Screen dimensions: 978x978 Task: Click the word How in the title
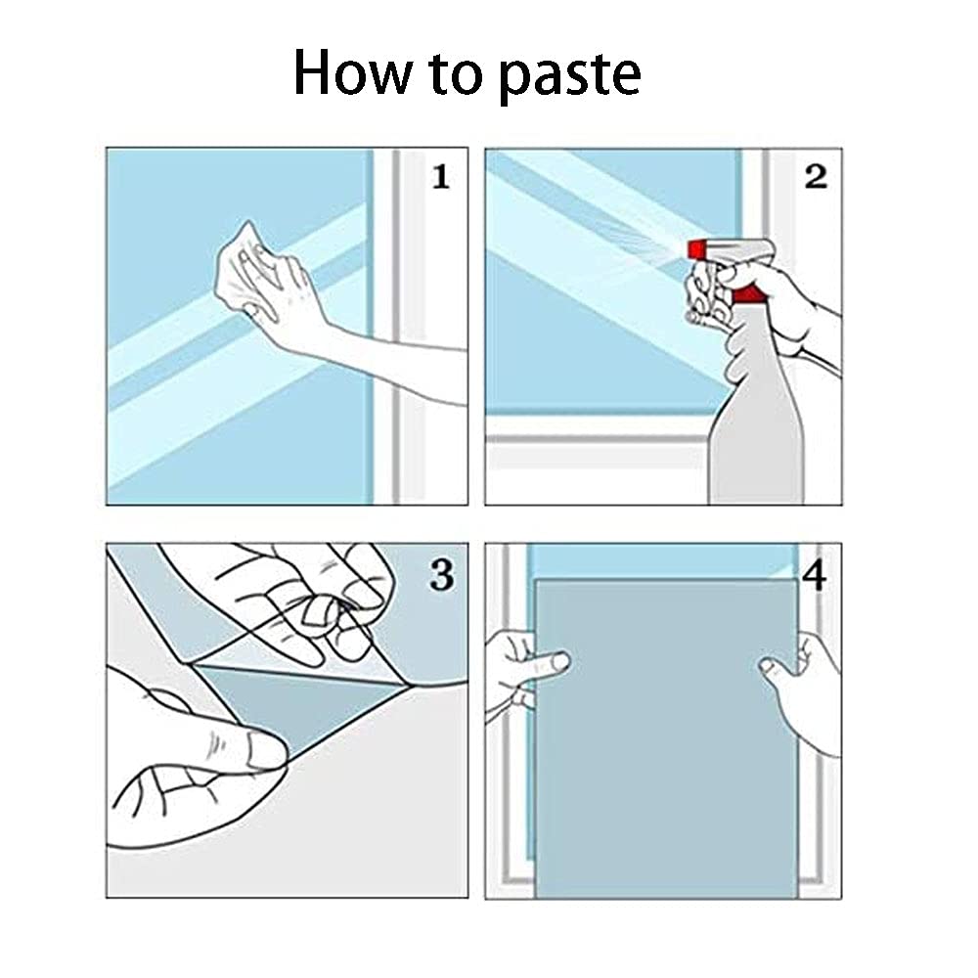352,72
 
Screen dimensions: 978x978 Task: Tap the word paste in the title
571,77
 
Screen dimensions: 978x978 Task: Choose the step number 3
442,574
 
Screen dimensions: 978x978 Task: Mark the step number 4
814,576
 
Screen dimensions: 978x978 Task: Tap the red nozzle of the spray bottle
696,249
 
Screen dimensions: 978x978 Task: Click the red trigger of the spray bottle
746,293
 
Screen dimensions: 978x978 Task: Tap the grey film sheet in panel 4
667,738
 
